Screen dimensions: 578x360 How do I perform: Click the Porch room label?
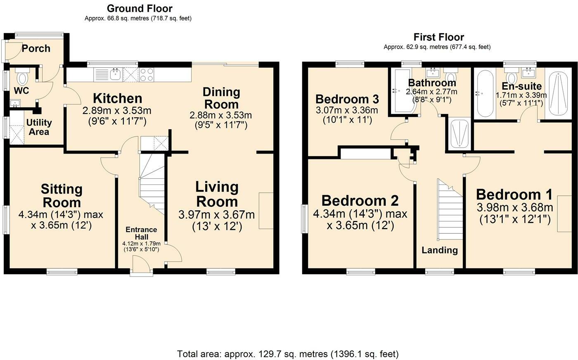click(x=36, y=49)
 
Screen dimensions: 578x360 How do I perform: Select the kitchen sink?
click(x=115, y=75)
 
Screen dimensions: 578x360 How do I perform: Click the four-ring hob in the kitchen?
click(x=147, y=75)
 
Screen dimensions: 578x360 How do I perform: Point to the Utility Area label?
click(x=39, y=127)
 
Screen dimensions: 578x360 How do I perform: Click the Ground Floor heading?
click(x=140, y=9)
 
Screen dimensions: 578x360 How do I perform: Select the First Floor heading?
click(x=438, y=37)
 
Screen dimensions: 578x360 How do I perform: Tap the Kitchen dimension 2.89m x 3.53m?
click(x=117, y=111)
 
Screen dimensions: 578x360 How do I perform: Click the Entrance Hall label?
click(x=141, y=233)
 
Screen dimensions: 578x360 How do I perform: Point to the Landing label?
click(x=440, y=250)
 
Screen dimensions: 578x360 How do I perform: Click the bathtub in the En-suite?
click(x=485, y=93)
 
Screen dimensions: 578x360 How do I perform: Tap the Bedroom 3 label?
click(x=347, y=99)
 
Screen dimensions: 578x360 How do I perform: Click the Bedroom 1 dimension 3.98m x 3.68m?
click(x=515, y=208)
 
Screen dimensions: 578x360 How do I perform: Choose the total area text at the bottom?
click(x=288, y=354)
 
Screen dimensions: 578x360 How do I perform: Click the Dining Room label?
click(x=221, y=98)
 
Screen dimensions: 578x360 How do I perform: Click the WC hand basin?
click(x=15, y=104)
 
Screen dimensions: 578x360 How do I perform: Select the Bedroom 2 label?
click(x=360, y=201)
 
